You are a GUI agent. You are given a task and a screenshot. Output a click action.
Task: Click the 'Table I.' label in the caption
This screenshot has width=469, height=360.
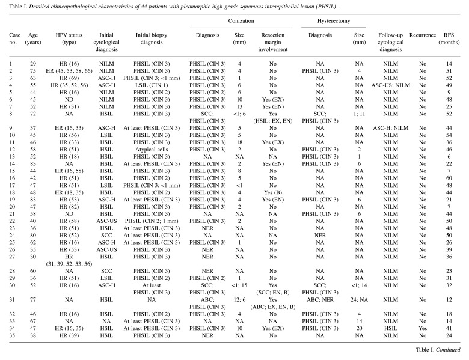16,7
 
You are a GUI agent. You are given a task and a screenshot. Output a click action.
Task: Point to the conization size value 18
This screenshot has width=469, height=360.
238,139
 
